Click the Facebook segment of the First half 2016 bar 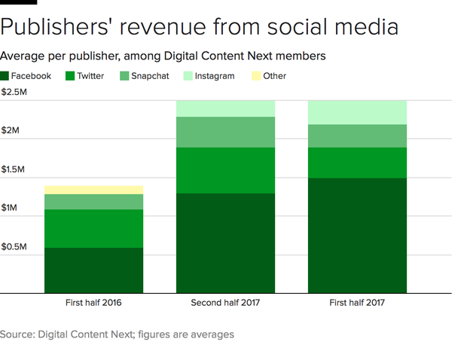point(93,270)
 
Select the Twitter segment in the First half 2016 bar point(93,228)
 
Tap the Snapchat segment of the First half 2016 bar point(93,201)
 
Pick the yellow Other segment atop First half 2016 point(93,190)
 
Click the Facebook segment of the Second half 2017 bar point(225,243)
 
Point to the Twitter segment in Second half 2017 point(225,170)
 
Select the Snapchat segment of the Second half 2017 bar point(225,132)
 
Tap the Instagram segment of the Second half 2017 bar point(225,108)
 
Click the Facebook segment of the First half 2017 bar point(357,235)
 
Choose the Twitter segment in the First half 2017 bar point(357,163)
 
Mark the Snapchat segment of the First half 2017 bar point(357,136)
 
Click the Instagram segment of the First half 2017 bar point(357,112)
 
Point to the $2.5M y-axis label point(15,92)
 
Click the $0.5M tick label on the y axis point(15,247)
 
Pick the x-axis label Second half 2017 point(225,303)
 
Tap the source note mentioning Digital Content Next point(117,334)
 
